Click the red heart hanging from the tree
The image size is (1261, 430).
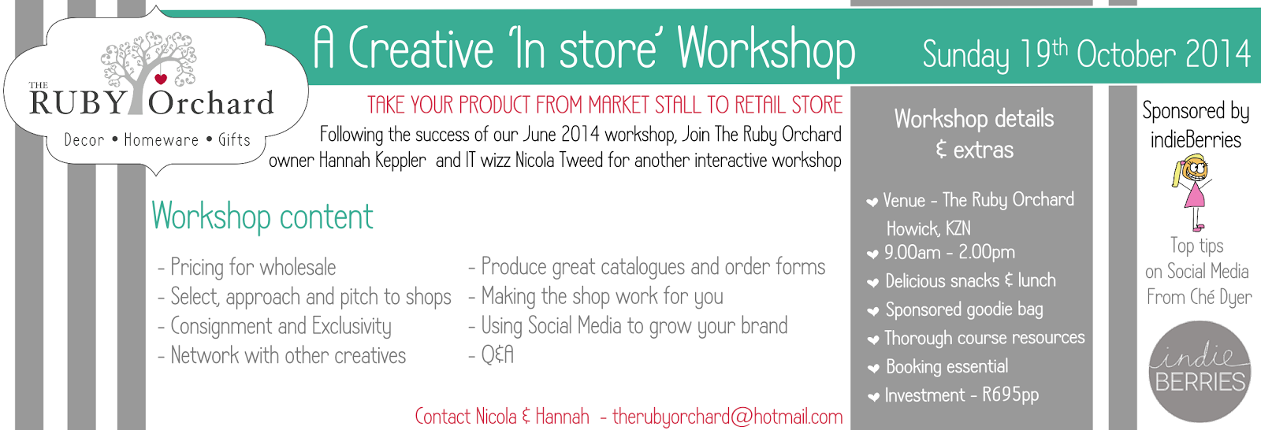click(161, 79)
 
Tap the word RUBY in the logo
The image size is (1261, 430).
click(77, 102)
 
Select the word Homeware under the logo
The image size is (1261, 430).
click(162, 139)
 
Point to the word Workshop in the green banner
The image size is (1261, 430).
click(766, 50)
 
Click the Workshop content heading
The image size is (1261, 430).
click(262, 217)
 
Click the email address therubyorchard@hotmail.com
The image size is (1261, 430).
click(727, 417)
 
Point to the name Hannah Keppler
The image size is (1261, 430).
click(372, 161)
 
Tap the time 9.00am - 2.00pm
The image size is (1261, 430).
click(949, 252)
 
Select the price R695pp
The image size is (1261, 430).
click(1010, 395)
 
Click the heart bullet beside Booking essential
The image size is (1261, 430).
click(873, 369)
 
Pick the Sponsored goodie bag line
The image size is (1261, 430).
click(964, 310)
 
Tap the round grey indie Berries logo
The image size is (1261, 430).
click(1199, 372)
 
